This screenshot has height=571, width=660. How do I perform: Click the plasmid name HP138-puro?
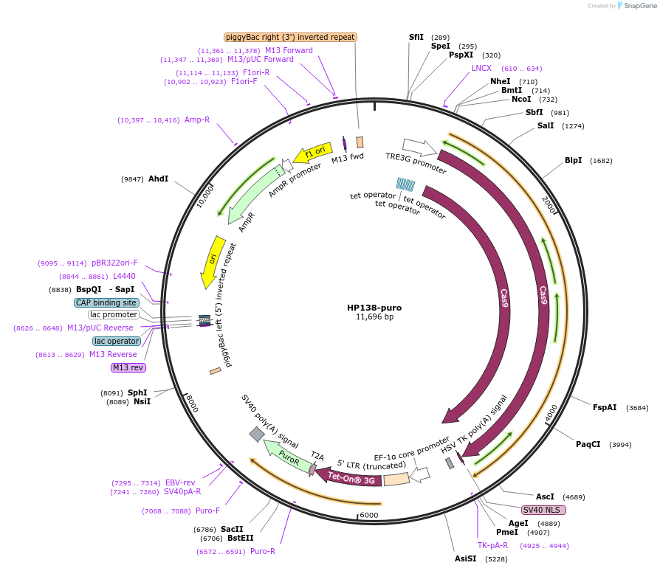[x=374, y=307]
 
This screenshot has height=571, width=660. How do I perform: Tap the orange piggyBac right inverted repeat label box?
[x=290, y=37]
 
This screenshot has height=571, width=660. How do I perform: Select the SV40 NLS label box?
[x=543, y=510]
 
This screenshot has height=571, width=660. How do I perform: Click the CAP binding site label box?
[x=106, y=302]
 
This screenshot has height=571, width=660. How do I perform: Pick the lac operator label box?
[x=117, y=341]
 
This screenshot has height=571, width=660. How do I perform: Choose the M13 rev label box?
[x=128, y=367]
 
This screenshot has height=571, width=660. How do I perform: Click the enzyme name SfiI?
[x=416, y=37]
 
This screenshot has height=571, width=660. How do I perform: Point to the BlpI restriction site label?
[x=573, y=160]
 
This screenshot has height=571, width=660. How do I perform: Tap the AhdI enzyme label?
[x=158, y=179]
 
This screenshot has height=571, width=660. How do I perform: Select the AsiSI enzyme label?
[x=466, y=558]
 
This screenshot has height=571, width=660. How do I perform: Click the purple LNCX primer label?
[x=481, y=68]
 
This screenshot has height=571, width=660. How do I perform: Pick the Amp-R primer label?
[x=197, y=120]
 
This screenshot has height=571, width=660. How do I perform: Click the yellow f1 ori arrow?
[x=312, y=153]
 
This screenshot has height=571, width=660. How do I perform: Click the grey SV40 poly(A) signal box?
[x=256, y=435]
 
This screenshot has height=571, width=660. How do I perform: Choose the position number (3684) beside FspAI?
[x=637, y=408]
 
